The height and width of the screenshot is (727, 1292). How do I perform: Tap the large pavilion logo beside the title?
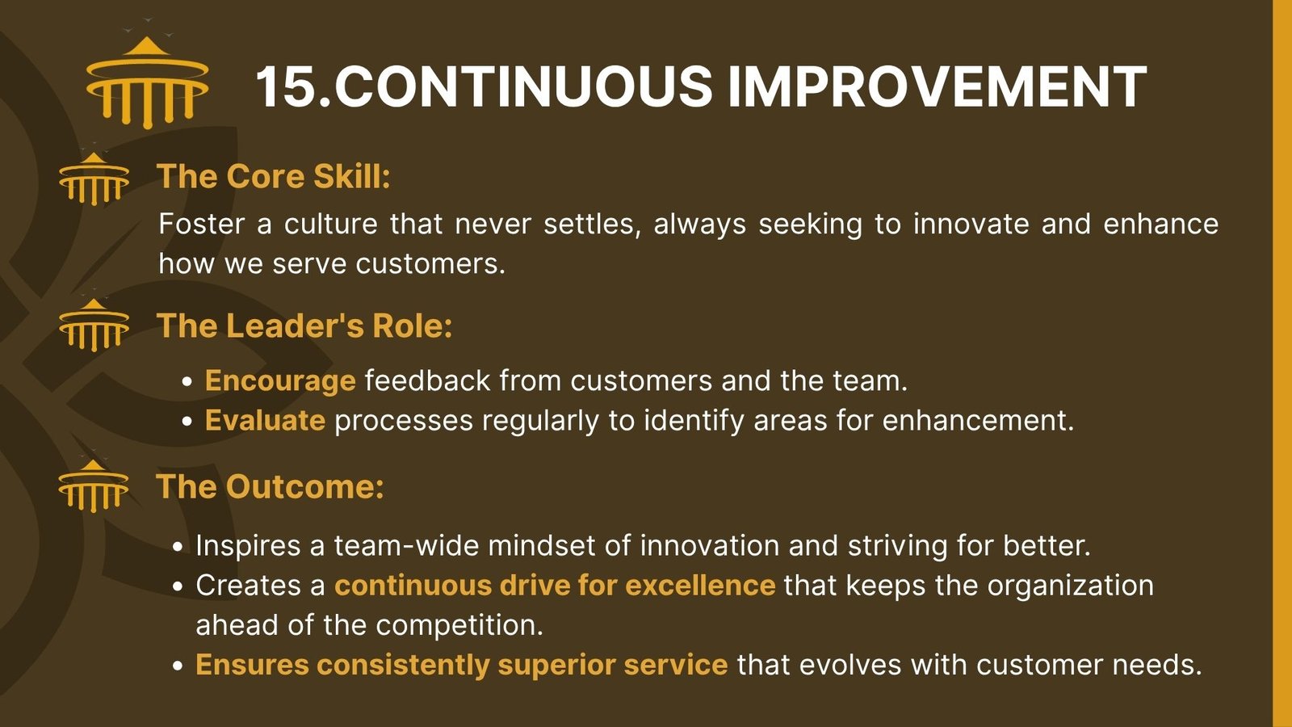point(147,81)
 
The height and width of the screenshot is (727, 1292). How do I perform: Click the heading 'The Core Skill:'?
point(274,176)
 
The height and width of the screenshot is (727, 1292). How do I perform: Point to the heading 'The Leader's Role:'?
point(304,326)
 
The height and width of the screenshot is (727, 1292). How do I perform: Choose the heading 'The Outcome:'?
point(270,486)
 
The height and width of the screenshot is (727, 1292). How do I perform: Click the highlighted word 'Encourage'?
point(280,381)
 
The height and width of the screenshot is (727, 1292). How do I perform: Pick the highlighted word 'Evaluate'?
point(266,421)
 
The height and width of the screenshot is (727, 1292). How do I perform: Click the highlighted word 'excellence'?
point(700,585)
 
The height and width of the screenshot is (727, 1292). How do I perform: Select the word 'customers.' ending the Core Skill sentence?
point(430,264)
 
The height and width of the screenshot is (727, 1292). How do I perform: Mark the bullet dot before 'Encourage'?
point(187,383)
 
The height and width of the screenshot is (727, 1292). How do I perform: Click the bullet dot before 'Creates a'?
point(178,586)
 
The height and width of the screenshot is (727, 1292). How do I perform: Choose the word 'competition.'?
point(459,626)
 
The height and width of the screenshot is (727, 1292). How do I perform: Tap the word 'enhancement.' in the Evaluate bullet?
point(978,421)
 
